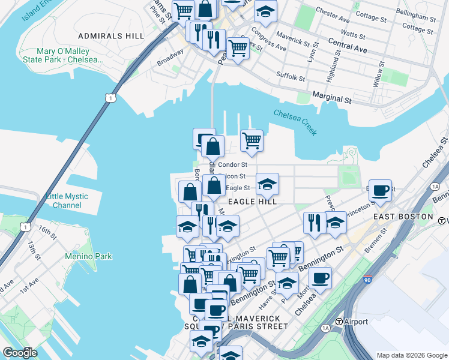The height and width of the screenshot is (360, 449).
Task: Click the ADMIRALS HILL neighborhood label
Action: (x=110, y=36)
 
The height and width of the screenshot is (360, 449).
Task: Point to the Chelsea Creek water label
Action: (x=295, y=122)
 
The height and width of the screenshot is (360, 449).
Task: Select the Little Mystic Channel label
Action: (x=67, y=200)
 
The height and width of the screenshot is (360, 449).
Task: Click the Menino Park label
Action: (x=88, y=257)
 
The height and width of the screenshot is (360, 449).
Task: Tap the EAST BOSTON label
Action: (x=403, y=216)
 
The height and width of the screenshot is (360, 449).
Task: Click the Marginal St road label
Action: (x=332, y=98)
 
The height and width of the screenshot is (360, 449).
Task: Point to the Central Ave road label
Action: (x=348, y=45)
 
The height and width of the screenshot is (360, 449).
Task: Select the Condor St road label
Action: (x=232, y=164)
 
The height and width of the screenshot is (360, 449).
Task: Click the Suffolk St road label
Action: (x=291, y=76)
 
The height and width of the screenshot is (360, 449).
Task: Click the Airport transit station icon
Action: (x=339, y=322)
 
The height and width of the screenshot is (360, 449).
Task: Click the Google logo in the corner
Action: (x=20, y=352)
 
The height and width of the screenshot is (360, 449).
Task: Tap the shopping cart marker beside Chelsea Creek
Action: (x=252, y=140)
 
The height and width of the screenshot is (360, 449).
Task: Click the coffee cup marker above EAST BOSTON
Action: (x=379, y=190)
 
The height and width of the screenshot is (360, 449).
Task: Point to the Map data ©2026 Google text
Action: (x=411, y=355)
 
